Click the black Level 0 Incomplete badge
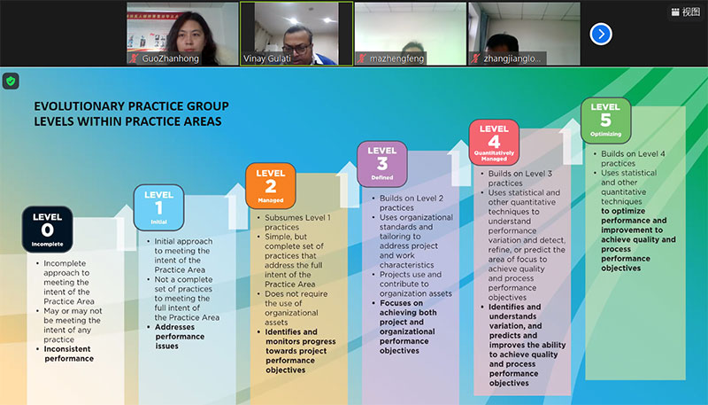[x=49, y=228]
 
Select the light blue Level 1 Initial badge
[x=158, y=207]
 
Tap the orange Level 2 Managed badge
[x=270, y=184]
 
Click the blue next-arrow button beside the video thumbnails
[x=601, y=34]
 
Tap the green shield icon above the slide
[x=11, y=81]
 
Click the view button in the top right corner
[x=685, y=12]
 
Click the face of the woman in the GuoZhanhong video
[x=184, y=27]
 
